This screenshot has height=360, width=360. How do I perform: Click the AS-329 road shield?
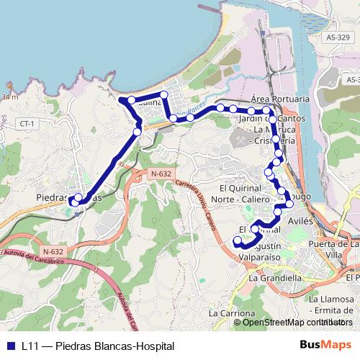pos(337,37)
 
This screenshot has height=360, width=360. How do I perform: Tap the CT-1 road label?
pos(28,124)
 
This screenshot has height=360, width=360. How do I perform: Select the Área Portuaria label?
pos(280,98)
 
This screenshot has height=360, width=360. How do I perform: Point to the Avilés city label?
pos(300,221)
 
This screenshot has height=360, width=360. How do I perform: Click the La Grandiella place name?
pos(276,277)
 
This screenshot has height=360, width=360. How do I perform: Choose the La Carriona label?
pos(232,313)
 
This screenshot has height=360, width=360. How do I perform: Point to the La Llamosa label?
pos(332,299)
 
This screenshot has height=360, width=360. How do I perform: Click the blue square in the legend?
pos(10,346)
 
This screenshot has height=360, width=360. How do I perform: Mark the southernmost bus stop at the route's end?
pos(236,240)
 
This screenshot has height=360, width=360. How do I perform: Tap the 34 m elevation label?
pos(9,96)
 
